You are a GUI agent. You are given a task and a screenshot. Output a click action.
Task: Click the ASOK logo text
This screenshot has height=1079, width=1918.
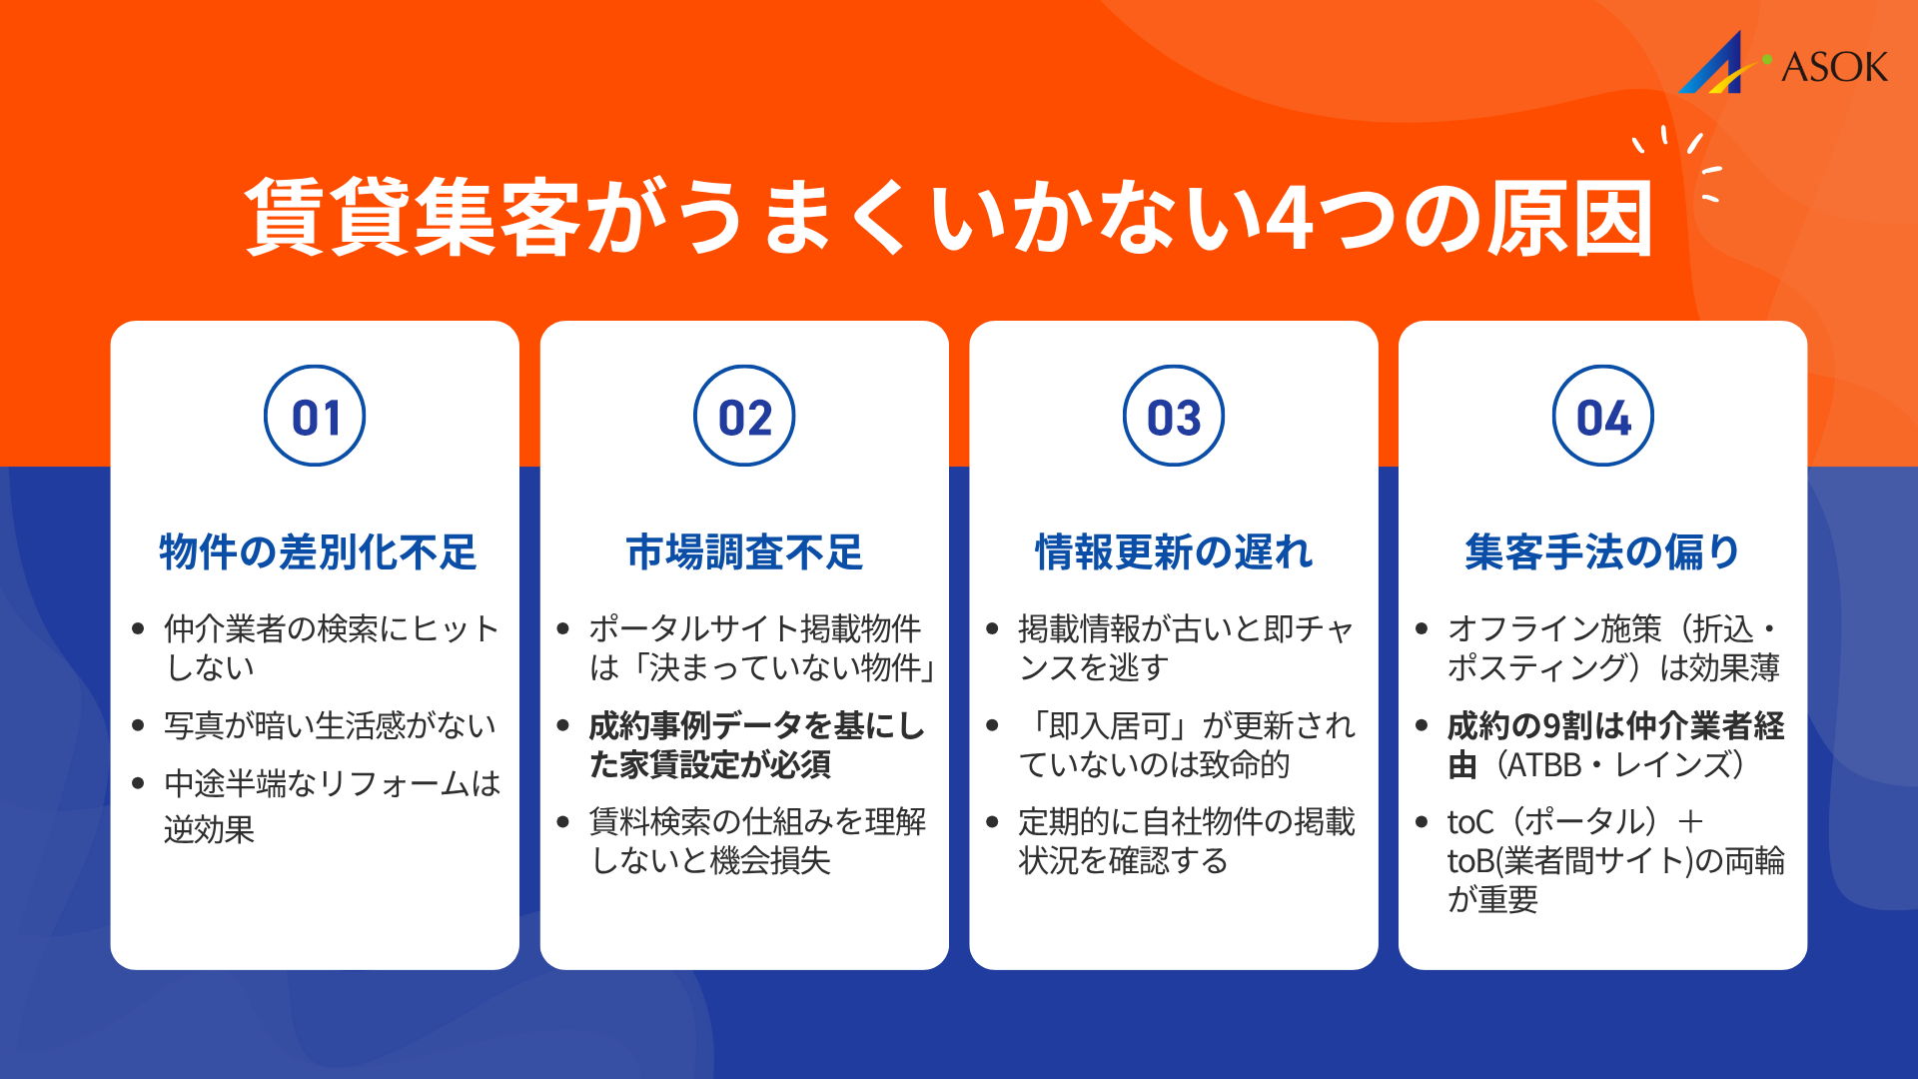pos(1834,68)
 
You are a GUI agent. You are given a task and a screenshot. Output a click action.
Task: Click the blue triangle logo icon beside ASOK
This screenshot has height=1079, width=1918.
pos(1715,66)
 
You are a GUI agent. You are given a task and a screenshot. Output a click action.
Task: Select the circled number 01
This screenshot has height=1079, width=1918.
pos(315,417)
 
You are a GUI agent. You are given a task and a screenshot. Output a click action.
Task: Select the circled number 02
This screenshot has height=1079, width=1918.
pos(744,417)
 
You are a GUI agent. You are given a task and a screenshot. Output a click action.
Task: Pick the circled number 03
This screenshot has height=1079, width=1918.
pos(1174,417)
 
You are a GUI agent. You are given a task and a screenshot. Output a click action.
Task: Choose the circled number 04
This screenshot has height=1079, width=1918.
pos(1602,417)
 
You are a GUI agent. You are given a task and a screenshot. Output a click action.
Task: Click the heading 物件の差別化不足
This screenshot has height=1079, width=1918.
pos(318,551)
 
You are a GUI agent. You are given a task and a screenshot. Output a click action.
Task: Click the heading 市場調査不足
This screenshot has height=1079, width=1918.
pos(744,551)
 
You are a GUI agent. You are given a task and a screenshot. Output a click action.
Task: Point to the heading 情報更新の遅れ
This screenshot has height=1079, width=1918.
pos(1174,551)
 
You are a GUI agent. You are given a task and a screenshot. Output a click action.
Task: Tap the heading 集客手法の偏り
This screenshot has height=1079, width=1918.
pos(1602,551)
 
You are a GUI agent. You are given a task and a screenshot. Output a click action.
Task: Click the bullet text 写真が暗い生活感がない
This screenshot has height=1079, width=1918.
pos(330,725)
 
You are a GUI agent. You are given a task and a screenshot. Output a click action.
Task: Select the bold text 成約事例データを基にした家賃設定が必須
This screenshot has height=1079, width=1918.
pos(755,745)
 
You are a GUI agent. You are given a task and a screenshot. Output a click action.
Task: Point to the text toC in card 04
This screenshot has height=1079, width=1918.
pos(1470,822)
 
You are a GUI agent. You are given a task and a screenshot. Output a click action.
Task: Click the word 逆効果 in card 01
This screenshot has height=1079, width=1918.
pos(210,829)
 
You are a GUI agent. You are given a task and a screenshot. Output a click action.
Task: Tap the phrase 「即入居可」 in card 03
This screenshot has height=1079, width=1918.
pos(1106,725)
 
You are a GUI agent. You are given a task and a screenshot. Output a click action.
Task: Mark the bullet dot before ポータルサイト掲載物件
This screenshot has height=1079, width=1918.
pos(562,628)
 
